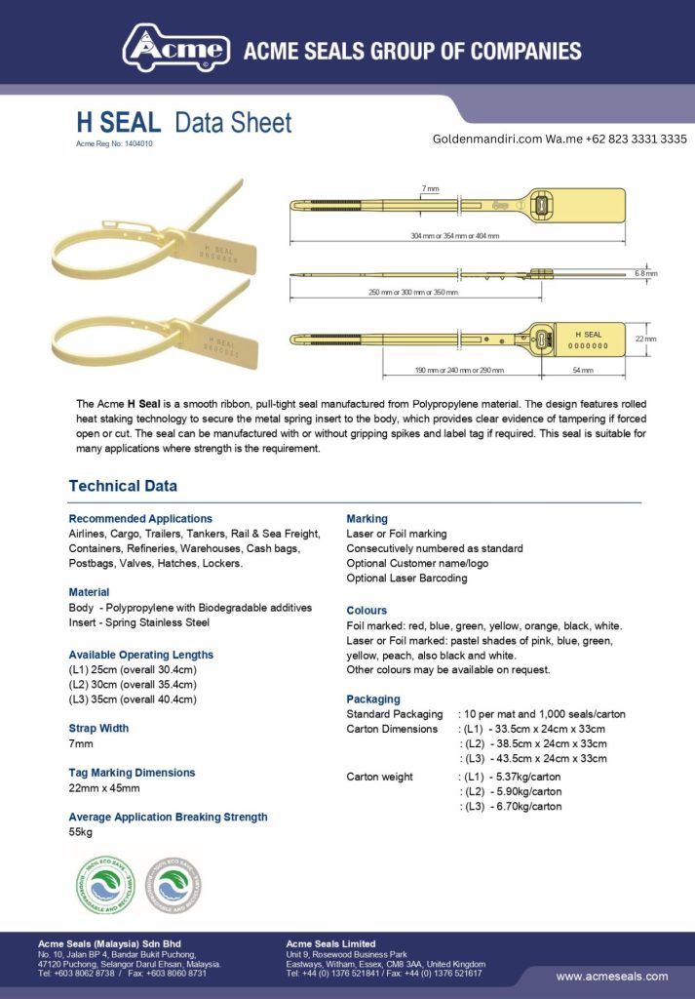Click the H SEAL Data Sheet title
coord(183,123)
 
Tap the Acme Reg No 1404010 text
coord(114,144)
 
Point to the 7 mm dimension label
coord(430,187)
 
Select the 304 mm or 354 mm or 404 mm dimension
coord(455,236)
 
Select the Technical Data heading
coord(123,486)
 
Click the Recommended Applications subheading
coord(140,519)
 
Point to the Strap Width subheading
coord(98,728)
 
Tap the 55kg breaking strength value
coord(80,832)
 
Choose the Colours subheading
coord(367,611)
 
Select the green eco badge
coord(106,885)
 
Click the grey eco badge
coord(174,885)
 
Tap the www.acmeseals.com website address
coord(611,977)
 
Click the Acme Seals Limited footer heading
coord(330,943)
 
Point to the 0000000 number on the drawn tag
coord(588,345)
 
